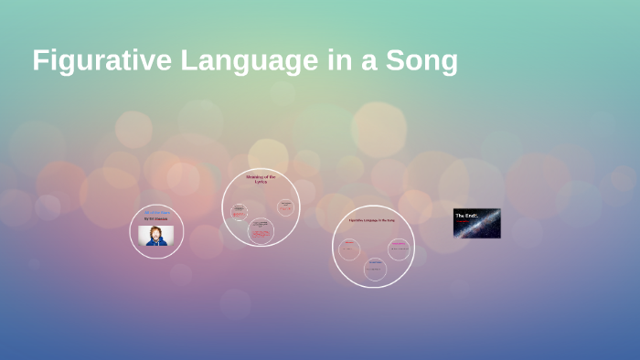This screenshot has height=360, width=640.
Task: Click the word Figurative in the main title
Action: (x=100, y=60)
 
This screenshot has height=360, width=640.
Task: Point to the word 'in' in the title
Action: (x=324, y=60)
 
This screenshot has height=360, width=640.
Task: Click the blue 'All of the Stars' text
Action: (x=156, y=212)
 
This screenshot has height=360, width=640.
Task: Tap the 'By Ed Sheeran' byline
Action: (x=155, y=219)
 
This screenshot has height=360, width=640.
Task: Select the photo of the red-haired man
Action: (x=155, y=235)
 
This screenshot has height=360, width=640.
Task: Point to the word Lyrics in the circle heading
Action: (x=261, y=181)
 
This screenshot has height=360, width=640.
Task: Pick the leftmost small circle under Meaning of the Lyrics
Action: (x=239, y=211)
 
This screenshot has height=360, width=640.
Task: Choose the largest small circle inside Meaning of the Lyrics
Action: (x=261, y=231)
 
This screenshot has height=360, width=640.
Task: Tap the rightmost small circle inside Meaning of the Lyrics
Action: (x=286, y=206)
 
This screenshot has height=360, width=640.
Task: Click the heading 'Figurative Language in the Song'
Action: (x=372, y=221)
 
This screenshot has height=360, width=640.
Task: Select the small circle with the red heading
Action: (x=349, y=249)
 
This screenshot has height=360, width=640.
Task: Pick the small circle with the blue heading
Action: (x=375, y=269)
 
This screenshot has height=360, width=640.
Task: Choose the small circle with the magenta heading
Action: (x=399, y=249)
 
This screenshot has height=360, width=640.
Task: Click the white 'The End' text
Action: (x=466, y=216)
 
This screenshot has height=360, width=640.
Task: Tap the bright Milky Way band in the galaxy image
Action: (x=485, y=224)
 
